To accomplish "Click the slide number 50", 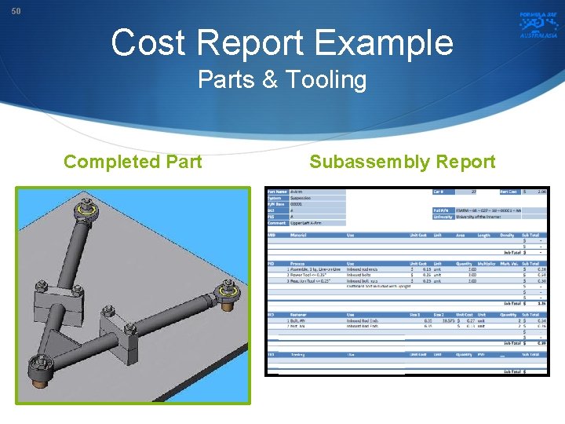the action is (x=16, y=11).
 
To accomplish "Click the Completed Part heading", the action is (x=133, y=162).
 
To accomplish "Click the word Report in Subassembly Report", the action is (x=465, y=162).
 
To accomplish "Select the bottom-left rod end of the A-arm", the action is (x=38, y=366).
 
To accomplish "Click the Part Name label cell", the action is (x=278, y=192).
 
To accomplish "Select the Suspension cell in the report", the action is (x=301, y=198).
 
